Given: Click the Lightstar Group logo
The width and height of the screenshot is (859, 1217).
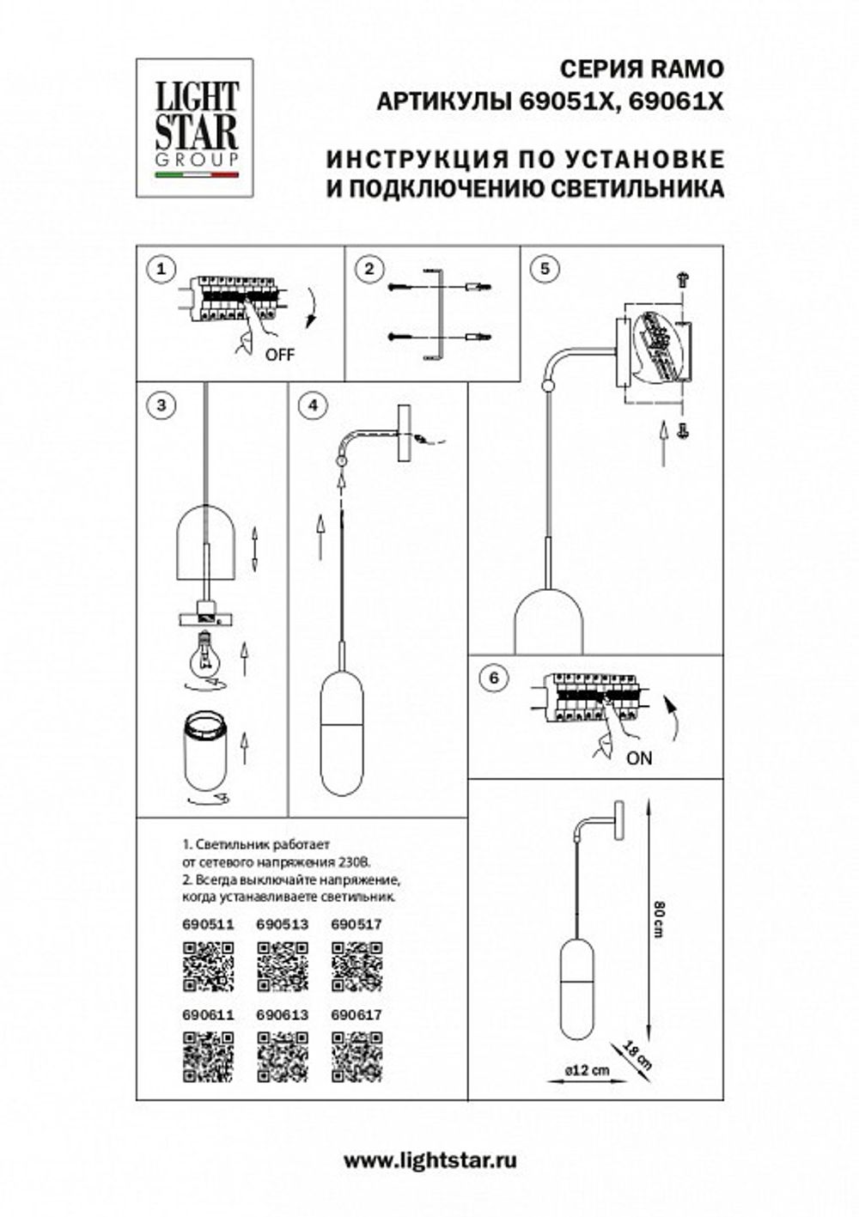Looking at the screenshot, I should (195, 127).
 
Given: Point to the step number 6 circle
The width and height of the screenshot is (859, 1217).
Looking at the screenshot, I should (492, 678).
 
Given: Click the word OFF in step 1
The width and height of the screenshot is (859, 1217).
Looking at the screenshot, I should (279, 354).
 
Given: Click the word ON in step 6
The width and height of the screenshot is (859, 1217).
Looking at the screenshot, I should (639, 758).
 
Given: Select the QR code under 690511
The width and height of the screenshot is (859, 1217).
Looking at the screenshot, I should (208, 966).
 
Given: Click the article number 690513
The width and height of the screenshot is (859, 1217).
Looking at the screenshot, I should (283, 925).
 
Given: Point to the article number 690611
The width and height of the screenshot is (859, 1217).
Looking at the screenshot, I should (208, 1014).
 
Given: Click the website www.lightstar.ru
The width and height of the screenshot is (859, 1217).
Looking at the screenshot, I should (429, 1161).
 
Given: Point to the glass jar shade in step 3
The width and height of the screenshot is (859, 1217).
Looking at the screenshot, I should (205, 753).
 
